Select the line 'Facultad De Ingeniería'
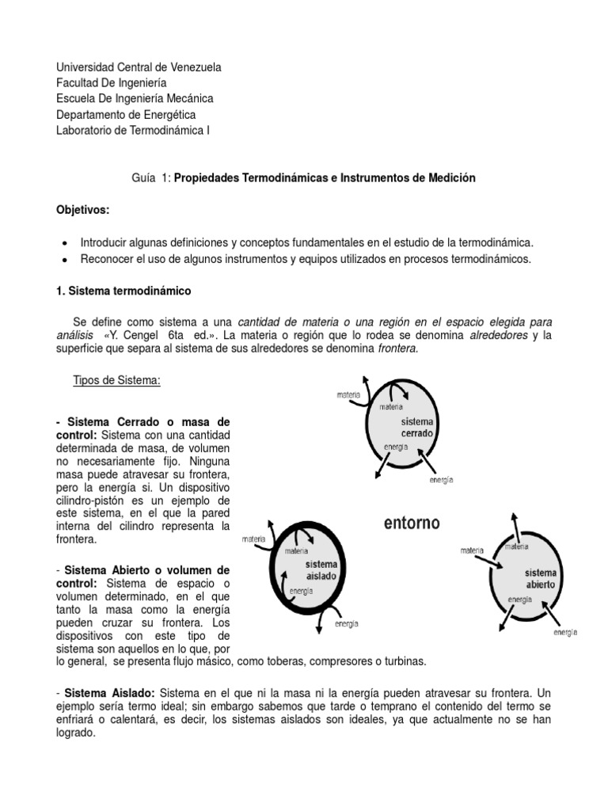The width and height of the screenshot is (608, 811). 112,83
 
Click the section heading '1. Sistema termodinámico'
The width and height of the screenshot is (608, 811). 123,291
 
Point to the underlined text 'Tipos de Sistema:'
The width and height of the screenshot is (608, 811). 116,381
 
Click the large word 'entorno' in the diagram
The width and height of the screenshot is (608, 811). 412,524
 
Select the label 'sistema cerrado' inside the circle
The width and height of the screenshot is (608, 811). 416,428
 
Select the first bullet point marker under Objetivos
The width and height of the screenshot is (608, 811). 63,243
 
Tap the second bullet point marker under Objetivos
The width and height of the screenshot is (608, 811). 63,259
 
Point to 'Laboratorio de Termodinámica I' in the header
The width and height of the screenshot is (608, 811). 133,131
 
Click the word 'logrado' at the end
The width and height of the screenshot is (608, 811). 74,733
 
